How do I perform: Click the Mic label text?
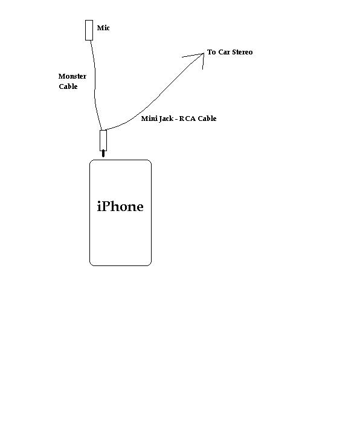point(103,28)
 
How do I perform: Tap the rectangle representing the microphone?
point(89,30)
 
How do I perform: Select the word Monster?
point(72,76)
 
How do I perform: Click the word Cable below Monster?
point(68,86)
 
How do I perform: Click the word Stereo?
point(242,52)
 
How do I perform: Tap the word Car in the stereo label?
point(224,52)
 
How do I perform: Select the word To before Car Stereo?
point(211,52)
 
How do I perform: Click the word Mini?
point(149,119)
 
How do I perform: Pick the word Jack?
point(165,119)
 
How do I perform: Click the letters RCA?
point(187,119)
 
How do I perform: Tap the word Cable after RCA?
point(207,119)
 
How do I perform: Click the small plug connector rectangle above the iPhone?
point(103,140)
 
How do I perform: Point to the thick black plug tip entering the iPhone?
point(103,154)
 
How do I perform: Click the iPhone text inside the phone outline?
point(120,206)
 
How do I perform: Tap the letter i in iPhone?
point(99,206)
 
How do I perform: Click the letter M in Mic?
point(100,28)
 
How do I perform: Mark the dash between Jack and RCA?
point(176,120)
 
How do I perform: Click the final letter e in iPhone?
point(140,208)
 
